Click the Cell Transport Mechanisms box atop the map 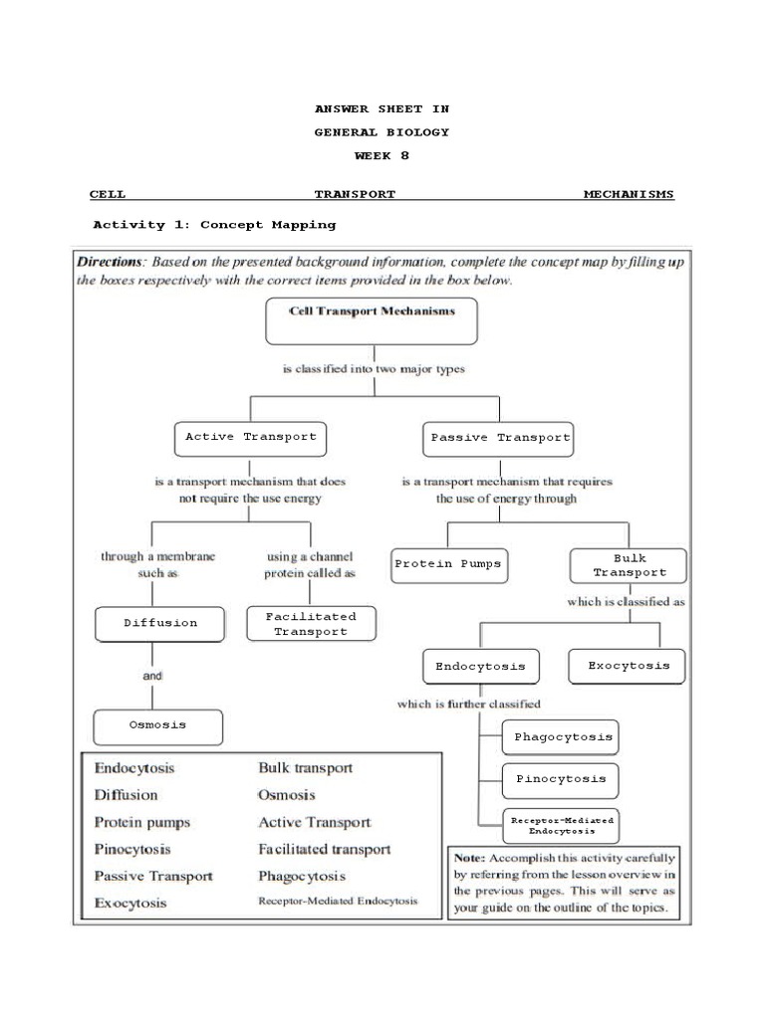372,320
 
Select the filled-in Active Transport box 251,437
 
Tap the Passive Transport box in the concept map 500,438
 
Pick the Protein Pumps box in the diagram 448,564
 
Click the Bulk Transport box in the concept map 630,565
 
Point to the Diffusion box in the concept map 160,624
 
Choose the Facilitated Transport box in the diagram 310,624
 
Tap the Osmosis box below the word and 157,725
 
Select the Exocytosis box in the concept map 628,666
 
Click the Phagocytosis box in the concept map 562,738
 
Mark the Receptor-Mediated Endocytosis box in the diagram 562,824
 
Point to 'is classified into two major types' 373,369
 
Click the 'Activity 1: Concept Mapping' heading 214,225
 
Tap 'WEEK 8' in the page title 382,156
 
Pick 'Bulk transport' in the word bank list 305,768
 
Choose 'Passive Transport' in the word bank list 153,877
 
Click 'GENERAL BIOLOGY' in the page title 382,132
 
